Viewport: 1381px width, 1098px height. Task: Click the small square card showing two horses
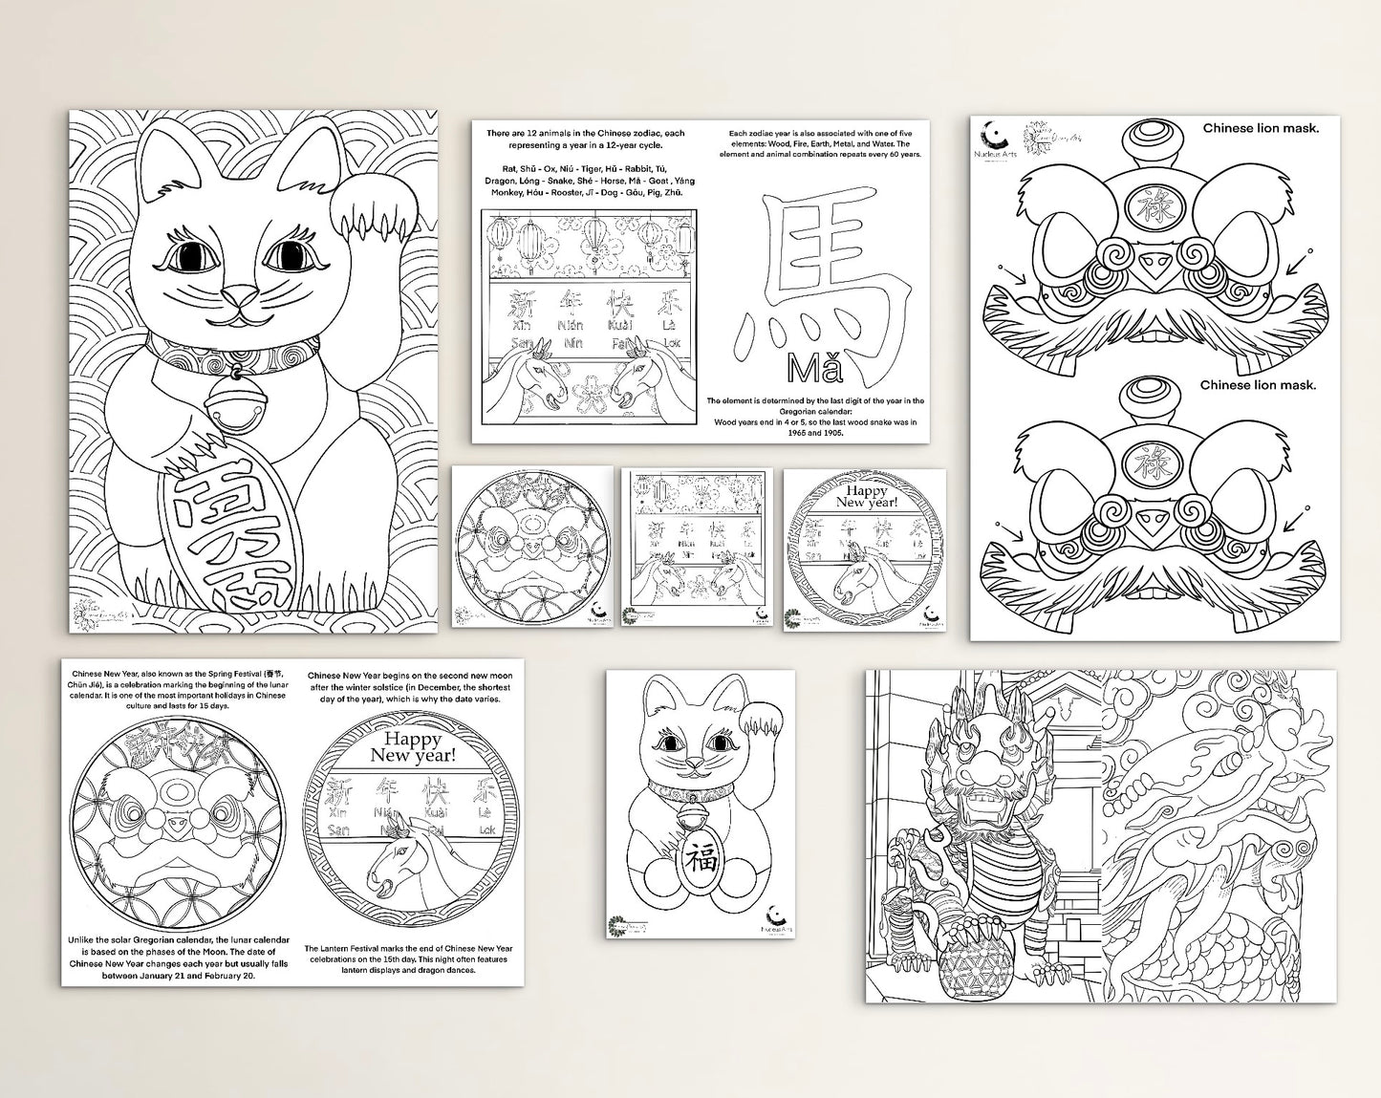tap(696, 549)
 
